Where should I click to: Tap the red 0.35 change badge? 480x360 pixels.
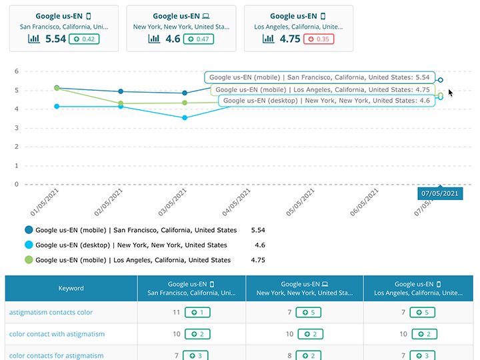click(x=319, y=39)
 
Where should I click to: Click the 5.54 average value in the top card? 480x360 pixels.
click(x=55, y=39)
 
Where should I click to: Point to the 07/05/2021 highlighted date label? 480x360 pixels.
click(x=440, y=193)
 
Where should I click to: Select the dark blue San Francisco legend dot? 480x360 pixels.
click(x=29, y=230)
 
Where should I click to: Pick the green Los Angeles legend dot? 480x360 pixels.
click(x=29, y=260)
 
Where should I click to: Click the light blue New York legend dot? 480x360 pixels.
click(x=29, y=245)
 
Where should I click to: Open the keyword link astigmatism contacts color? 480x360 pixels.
click(x=51, y=312)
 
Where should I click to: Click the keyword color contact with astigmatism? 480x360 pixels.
click(x=57, y=334)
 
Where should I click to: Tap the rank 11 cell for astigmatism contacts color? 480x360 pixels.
click(x=177, y=312)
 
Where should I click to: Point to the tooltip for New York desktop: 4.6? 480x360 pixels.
click(x=327, y=101)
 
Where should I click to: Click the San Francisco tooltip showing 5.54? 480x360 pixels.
click(x=319, y=78)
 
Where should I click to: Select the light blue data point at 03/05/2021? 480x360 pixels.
click(x=185, y=118)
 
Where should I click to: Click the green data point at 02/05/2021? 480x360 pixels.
click(x=121, y=103)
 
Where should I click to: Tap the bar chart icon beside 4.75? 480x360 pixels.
click(x=269, y=39)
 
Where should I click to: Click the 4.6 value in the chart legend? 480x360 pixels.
click(x=259, y=245)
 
